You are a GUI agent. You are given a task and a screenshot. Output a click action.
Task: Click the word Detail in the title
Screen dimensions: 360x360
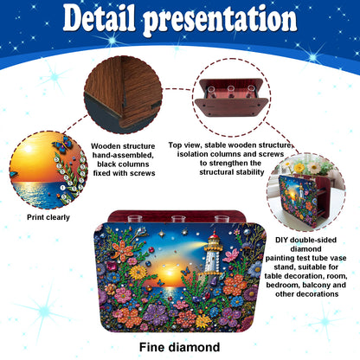tap(99, 18)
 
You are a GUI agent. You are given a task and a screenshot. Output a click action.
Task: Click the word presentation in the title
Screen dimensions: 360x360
tap(220, 20)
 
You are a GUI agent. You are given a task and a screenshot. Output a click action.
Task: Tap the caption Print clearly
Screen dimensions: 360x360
tap(48, 217)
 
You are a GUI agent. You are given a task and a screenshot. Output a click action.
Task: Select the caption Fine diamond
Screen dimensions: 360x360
tap(179, 347)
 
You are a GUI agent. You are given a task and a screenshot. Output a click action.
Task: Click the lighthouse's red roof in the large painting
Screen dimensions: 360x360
tap(214, 235)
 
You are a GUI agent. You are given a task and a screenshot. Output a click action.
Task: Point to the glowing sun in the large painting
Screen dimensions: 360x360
tap(168, 273)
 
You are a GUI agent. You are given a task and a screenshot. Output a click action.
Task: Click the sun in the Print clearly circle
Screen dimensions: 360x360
tap(28, 149)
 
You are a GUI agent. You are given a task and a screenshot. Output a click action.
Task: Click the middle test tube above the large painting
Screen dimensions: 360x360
tap(178, 218)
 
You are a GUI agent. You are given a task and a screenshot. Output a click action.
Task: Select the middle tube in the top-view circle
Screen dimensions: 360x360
tap(231, 92)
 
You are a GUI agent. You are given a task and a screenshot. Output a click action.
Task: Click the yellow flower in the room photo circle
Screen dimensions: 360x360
tap(299, 168)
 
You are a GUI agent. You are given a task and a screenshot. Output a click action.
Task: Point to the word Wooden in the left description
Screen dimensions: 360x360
tap(106, 146)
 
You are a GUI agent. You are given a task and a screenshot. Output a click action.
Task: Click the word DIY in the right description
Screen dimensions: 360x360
tap(282, 240)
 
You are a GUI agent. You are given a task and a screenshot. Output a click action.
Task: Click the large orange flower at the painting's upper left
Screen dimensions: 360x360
tap(122, 249)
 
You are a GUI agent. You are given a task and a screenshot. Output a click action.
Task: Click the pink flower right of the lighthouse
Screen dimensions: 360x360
tap(231, 255)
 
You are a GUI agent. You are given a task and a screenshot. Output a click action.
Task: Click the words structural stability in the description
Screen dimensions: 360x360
tap(232, 172)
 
